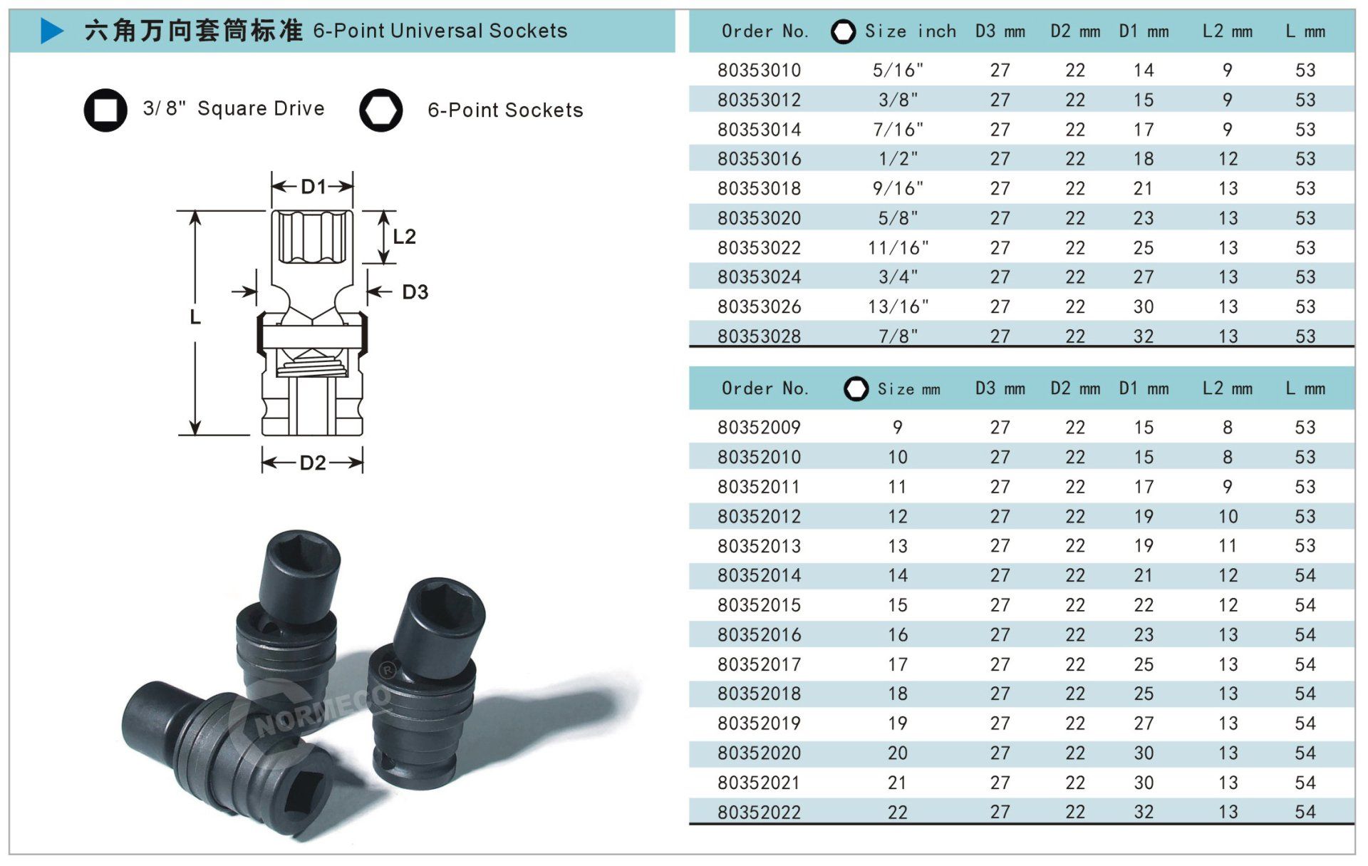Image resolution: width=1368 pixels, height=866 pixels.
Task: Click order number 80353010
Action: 759,71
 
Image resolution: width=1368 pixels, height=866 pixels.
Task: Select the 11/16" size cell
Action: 898,248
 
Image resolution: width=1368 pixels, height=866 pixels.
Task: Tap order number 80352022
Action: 759,813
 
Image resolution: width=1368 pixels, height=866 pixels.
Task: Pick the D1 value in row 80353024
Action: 1144,277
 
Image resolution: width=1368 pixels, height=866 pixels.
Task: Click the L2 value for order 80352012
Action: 1228,517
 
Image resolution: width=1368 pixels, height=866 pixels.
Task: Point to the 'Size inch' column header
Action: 910,31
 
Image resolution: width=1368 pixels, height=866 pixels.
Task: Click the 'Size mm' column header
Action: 908,389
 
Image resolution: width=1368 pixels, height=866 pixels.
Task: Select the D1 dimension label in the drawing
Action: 313,187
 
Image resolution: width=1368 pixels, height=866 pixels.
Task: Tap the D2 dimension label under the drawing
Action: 313,463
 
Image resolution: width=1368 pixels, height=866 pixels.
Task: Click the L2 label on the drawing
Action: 404,237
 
